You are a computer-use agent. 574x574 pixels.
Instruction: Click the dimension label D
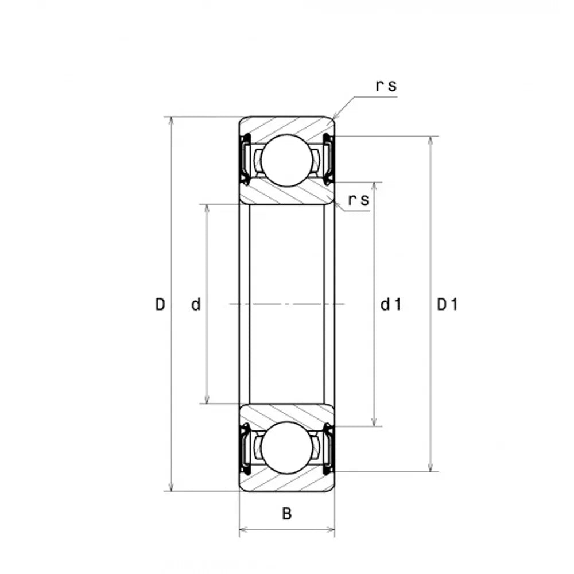(x=160, y=304)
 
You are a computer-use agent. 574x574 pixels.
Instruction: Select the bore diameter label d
(x=196, y=304)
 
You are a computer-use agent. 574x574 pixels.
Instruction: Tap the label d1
(x=391, y=304)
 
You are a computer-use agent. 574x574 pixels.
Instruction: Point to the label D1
(x=447, y=304)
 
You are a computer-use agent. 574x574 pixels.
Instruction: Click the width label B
(x=287, y=514)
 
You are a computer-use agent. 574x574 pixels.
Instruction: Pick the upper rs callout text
(x=386, y=86)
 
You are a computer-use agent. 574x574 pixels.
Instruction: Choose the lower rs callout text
(x=359, y=200)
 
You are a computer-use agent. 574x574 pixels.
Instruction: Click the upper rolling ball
(x=287, y=160)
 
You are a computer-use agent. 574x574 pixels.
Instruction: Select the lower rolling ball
(x=287, y=448)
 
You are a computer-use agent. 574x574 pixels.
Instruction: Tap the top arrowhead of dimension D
(x=171, y=121)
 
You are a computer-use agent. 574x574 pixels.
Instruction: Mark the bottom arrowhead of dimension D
(x=171, y=487)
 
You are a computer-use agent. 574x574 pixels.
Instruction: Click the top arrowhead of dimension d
(x=207, y=208)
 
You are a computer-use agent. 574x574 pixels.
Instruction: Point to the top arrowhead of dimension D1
(x=431, y=141)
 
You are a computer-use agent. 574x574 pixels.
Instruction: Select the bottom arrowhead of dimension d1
(x=374, y=422)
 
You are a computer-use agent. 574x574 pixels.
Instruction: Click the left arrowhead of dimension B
(x=243, y=529)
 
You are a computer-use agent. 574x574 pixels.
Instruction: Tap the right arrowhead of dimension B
(x=331, y=529)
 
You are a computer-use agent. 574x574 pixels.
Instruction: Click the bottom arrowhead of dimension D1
(x=431, y=467)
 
